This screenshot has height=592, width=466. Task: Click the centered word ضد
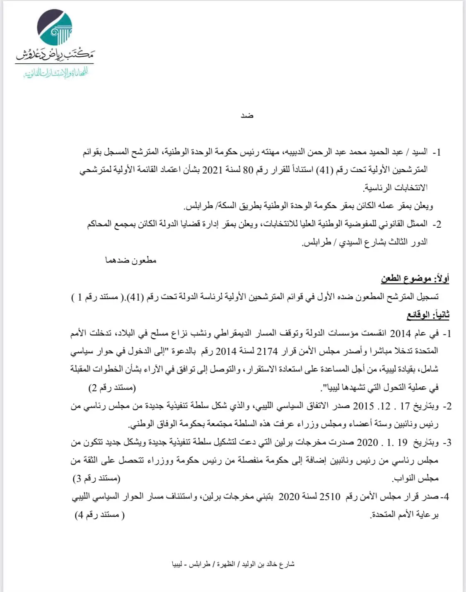[247, 116]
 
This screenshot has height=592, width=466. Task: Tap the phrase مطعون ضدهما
[130, 260]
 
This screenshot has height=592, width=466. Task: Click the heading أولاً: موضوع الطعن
[415, 279]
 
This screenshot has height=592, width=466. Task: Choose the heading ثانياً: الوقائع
[428, 315]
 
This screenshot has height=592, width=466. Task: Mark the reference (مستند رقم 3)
[97, 479]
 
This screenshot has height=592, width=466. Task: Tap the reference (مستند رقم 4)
[99, 515]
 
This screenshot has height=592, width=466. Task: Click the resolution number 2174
[267, 351]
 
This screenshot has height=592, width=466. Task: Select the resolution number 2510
[330, 496]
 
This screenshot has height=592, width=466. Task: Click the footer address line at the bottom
[233, 564]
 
